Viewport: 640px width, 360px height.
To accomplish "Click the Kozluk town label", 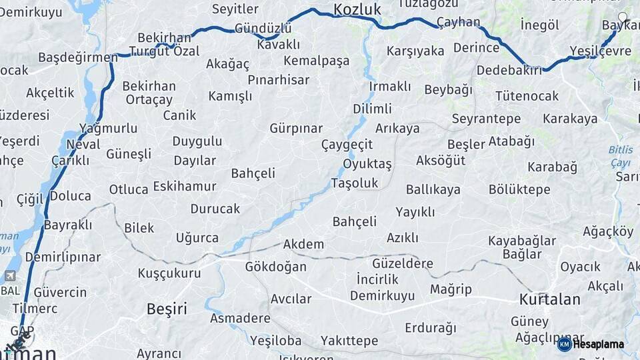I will click(357, 9).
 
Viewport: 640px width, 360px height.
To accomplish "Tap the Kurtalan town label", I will click(549, 299).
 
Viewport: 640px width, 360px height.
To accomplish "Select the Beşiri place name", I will click(167, 309).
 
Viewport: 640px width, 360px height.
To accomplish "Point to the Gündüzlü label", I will click(263, 29).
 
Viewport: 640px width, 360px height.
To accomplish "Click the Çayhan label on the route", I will click(458, 22).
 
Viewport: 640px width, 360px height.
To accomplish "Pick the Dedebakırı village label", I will click(509, 69).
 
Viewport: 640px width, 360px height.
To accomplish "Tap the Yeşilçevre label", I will click(601, 51).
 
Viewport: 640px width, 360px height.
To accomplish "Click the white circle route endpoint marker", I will click(623, 17).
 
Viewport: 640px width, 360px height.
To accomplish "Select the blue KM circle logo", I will click(564, 344).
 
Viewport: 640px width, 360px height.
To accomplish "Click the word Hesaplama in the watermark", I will click(599, 344).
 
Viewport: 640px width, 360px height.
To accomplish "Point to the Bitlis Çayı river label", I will click(621, 156).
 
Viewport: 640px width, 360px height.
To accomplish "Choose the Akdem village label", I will click(303, 244).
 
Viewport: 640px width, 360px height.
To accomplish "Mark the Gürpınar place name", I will click(296, 128).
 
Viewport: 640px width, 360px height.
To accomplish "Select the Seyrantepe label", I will click(486, 119).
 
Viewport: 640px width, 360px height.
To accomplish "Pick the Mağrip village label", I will click(451, 289).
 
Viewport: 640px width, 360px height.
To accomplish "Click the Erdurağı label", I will click(431, 328).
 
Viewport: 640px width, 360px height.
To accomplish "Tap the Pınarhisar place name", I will click(279, 80).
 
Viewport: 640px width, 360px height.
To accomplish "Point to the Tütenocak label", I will click(527, 96).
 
